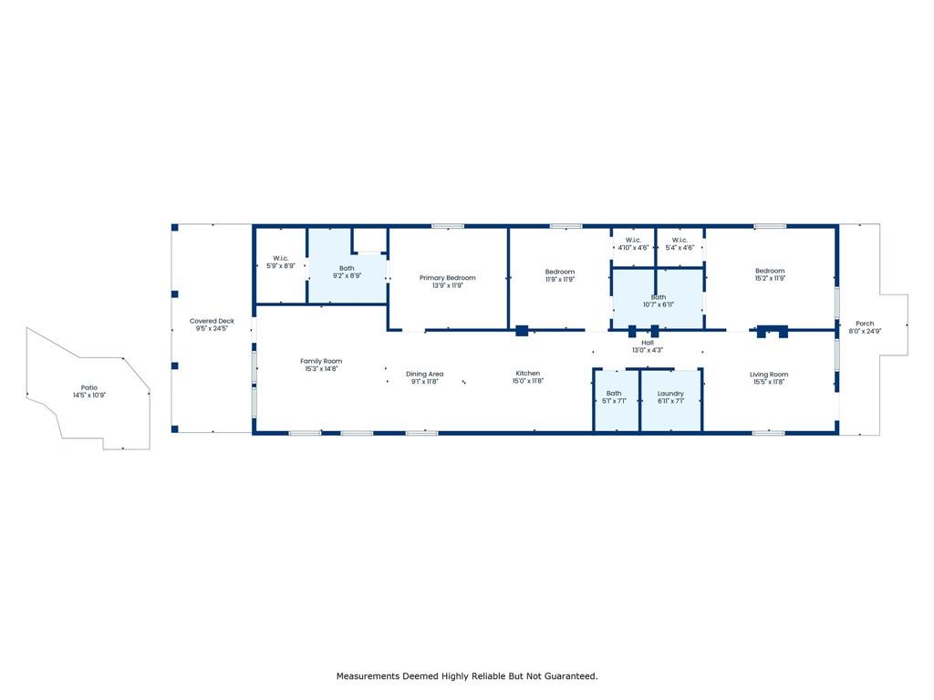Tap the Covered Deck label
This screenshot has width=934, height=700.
[212, 321]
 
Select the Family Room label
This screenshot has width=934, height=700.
[320, 361]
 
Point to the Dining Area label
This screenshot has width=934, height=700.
[424, 374]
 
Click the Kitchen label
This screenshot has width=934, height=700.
[527, 373]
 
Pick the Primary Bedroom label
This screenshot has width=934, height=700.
[447, 277]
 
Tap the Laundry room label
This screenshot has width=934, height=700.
[670, 393]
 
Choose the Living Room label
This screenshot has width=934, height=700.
[768, 374]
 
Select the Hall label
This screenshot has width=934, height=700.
[648, 343]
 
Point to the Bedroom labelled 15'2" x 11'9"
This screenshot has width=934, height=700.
[769, 271]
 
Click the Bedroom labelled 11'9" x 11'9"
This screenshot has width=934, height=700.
[559, 272]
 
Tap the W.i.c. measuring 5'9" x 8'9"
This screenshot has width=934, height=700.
[280, 258]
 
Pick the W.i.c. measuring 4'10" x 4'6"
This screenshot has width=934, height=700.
[633, 240]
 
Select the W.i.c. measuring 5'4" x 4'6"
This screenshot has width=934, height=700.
[680, 240]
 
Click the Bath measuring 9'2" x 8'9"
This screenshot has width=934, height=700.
[347, 268]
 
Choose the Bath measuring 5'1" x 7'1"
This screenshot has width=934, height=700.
[614, 393]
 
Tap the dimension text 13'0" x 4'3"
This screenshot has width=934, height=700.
[648, 350]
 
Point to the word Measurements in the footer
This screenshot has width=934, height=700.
[368, 676]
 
